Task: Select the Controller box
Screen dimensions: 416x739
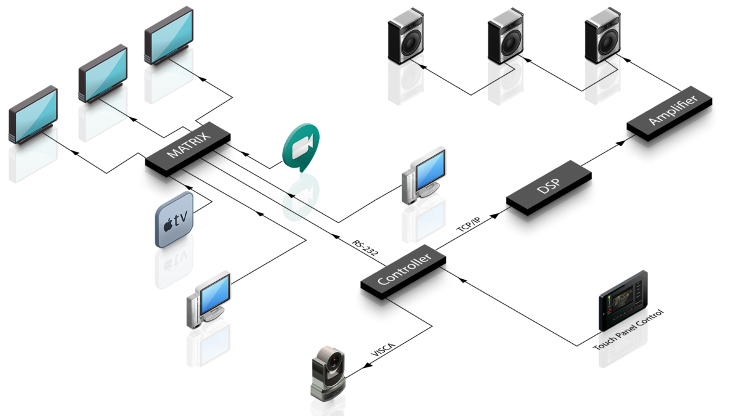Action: [x=403, y=271]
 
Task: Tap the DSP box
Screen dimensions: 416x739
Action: [x=549, y=187]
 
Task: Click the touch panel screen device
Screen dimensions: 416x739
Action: [x=623, y=301]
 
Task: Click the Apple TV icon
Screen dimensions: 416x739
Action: [x=175, y=219]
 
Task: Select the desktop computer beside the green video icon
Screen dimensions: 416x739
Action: [x=425, y=175]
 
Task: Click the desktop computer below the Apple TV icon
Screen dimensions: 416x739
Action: [x=209, y=299]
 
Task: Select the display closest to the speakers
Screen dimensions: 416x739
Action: [x=168, y=36]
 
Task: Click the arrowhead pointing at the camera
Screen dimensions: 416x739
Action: [x=367, y=366]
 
